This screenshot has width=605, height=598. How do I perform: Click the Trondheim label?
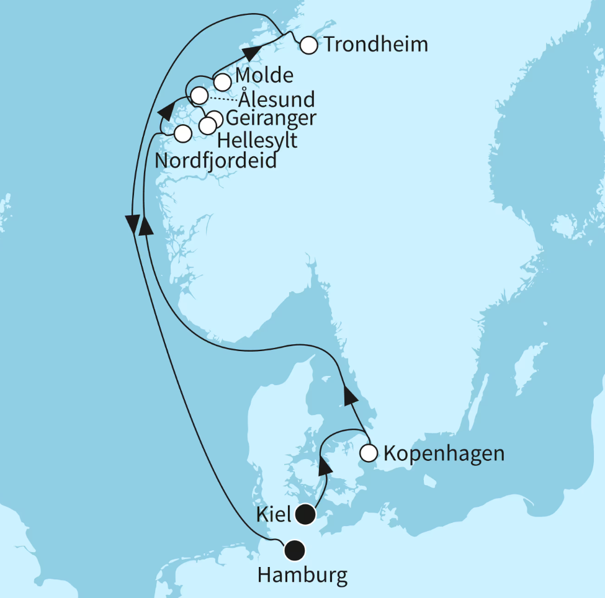tap(375, 45)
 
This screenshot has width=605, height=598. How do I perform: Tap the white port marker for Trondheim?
tap(308, 45)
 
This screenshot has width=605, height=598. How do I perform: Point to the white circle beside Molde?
tap(222, 81)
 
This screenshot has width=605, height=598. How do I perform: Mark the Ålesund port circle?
tap(199, 96)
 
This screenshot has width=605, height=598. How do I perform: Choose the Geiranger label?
tap(271, 118)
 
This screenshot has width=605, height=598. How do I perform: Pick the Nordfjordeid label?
tap(215, 161)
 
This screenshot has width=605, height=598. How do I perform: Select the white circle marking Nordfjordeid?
tap(182, 133)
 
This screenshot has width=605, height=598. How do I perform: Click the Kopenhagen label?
tap(444, 453)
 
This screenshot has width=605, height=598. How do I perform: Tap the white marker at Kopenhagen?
tap(369, 453)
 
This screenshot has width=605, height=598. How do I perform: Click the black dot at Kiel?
tap(305, 513)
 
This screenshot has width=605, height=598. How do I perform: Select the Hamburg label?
tap(302, 576)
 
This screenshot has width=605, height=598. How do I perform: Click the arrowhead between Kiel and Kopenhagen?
tap(325, 464)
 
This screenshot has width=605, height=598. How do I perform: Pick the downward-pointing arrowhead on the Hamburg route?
tap(132, 222)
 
